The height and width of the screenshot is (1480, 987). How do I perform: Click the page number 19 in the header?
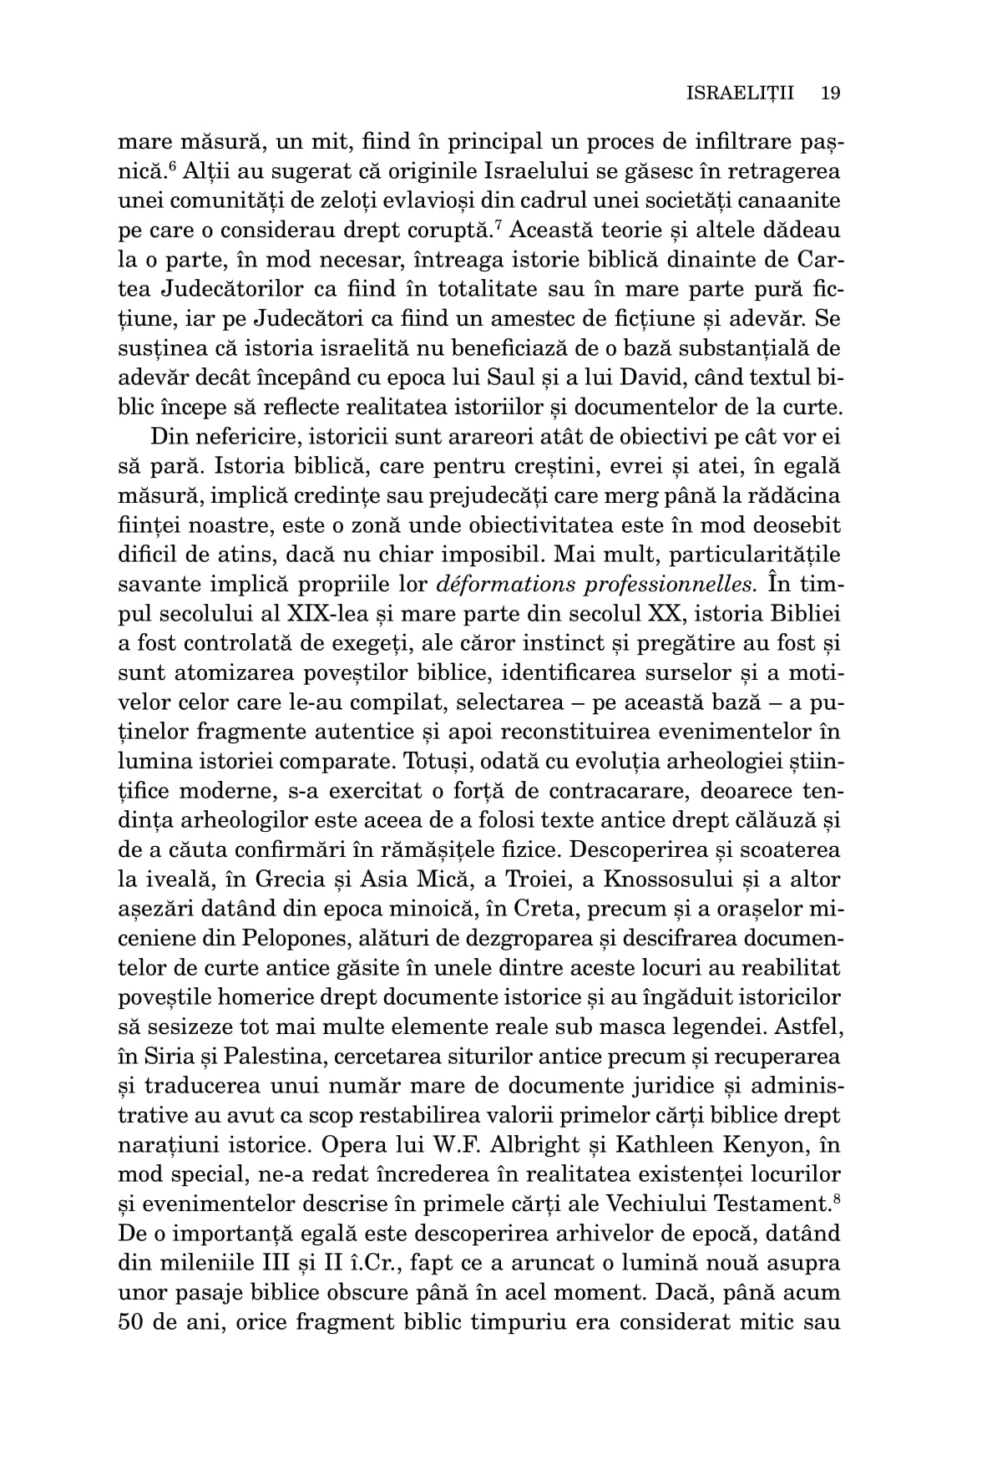[x=829, y=93]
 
